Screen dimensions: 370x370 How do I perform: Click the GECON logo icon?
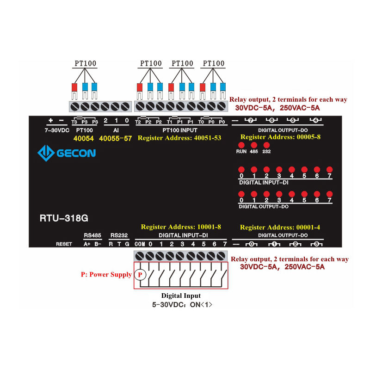click(x=45, y=153)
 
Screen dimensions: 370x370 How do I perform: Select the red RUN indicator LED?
click(x=241, y=145)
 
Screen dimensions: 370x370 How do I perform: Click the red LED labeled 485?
click(x=254, y=145)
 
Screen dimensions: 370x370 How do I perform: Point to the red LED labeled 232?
click(x=266, y=145)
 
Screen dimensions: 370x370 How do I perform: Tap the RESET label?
click(x=64, y=244)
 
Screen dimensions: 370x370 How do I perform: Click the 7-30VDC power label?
click(x=56, y=130)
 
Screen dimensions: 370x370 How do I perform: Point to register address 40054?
click(x=83, y=138)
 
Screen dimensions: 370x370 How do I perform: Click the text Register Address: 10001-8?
click(x=181, y=227)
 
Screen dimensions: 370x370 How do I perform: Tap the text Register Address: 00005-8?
click(x=281, y=137)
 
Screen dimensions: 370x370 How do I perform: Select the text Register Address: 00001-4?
click(x=280, y=227)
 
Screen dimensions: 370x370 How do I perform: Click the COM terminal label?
click(x=140, y=244)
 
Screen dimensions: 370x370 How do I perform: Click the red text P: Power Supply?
click(x=106, y=275)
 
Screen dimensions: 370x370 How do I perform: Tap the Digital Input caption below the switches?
click(x=181, y=296)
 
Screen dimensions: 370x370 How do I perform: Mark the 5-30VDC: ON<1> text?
click(x=181, y=305)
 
